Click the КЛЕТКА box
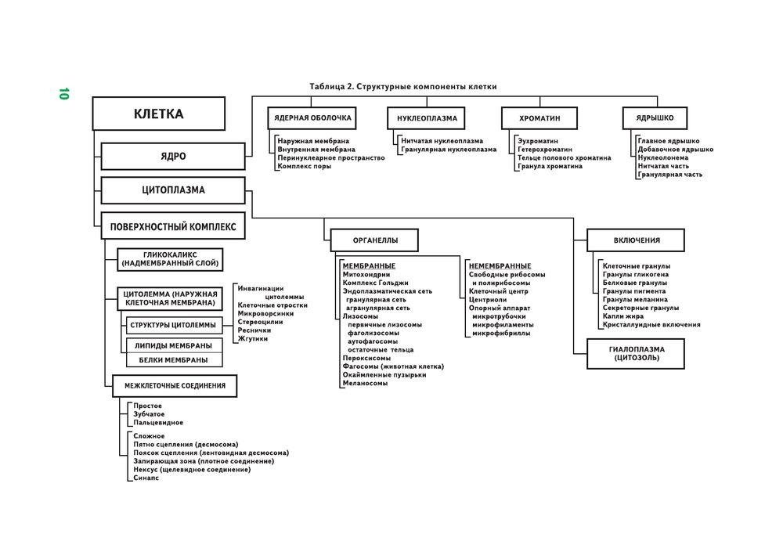click(x=159, y=114)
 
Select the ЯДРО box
click(x=174, y=156)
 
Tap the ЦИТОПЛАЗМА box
click(x=174, y=190)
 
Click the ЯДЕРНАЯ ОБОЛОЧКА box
click(x=312, y=118)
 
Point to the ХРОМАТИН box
click(x=539, y=118)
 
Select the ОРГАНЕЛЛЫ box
click(x=374, y=240)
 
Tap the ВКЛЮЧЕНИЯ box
click(x=636, y=240)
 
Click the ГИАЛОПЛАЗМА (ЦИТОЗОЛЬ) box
click(x=636, y=353)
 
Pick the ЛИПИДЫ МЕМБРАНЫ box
click(x=174, y=345)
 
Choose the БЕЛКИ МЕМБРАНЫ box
click(x=174, y=360)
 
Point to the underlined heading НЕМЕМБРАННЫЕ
click(x=500, y=266)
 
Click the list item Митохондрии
click(x=366, y=275)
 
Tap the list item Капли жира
click(x=624, y=316)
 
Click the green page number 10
click(x=63, y=93)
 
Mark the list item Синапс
click(x=146, y=478)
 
